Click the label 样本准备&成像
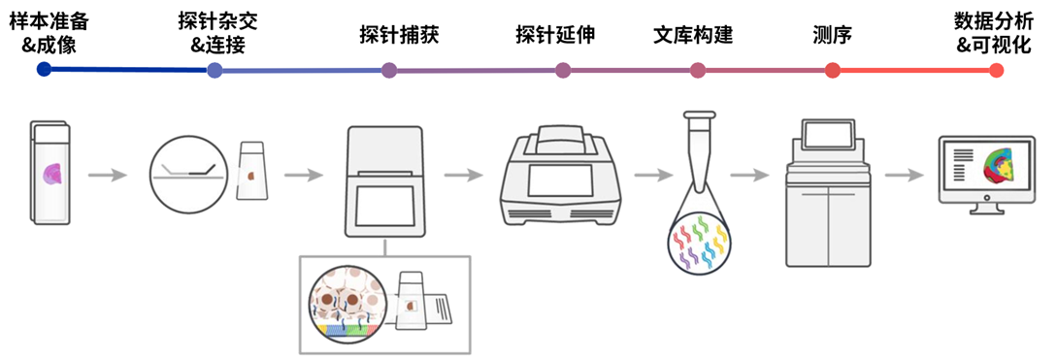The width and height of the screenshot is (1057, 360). (43, 33)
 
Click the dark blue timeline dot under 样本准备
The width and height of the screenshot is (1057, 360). (43, 69)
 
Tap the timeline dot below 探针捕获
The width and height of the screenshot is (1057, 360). (389, 70)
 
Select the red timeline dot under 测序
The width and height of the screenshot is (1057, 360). (832, 70)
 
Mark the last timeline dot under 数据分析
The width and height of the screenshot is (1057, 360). (996, 70)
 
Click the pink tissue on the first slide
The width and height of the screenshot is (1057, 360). (51, 174)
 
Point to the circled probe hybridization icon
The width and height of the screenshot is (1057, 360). (188, 174)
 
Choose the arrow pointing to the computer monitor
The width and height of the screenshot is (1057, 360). (903, 176)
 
